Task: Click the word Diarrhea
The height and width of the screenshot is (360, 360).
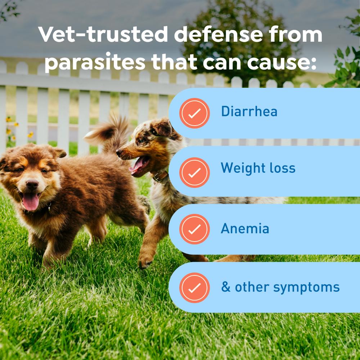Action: click(249, 111)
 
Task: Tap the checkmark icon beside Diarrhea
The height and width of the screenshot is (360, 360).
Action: click(194, 113)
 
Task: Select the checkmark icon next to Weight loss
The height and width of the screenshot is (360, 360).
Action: click(194, 172)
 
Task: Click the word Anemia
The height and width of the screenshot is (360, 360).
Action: click(245, 229)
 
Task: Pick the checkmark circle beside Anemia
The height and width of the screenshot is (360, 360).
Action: click(194, 229)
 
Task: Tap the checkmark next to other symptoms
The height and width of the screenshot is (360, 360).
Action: click(194, 288)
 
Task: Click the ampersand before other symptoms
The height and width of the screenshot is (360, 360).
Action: click(226, 287)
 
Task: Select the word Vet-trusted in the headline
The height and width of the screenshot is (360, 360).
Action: click(103, 34)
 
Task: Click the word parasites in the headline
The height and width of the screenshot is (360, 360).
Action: click(95, 62)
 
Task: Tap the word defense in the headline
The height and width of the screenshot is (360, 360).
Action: click(218, 34)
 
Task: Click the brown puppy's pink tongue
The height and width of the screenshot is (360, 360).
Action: click(31, 201)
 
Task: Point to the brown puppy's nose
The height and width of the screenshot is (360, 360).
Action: click(32, 184)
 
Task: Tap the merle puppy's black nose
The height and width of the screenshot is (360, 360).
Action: click(119, 152)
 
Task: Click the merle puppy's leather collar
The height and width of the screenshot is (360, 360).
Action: click(160, 177)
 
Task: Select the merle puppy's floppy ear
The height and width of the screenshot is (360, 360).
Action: click(163, 127)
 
